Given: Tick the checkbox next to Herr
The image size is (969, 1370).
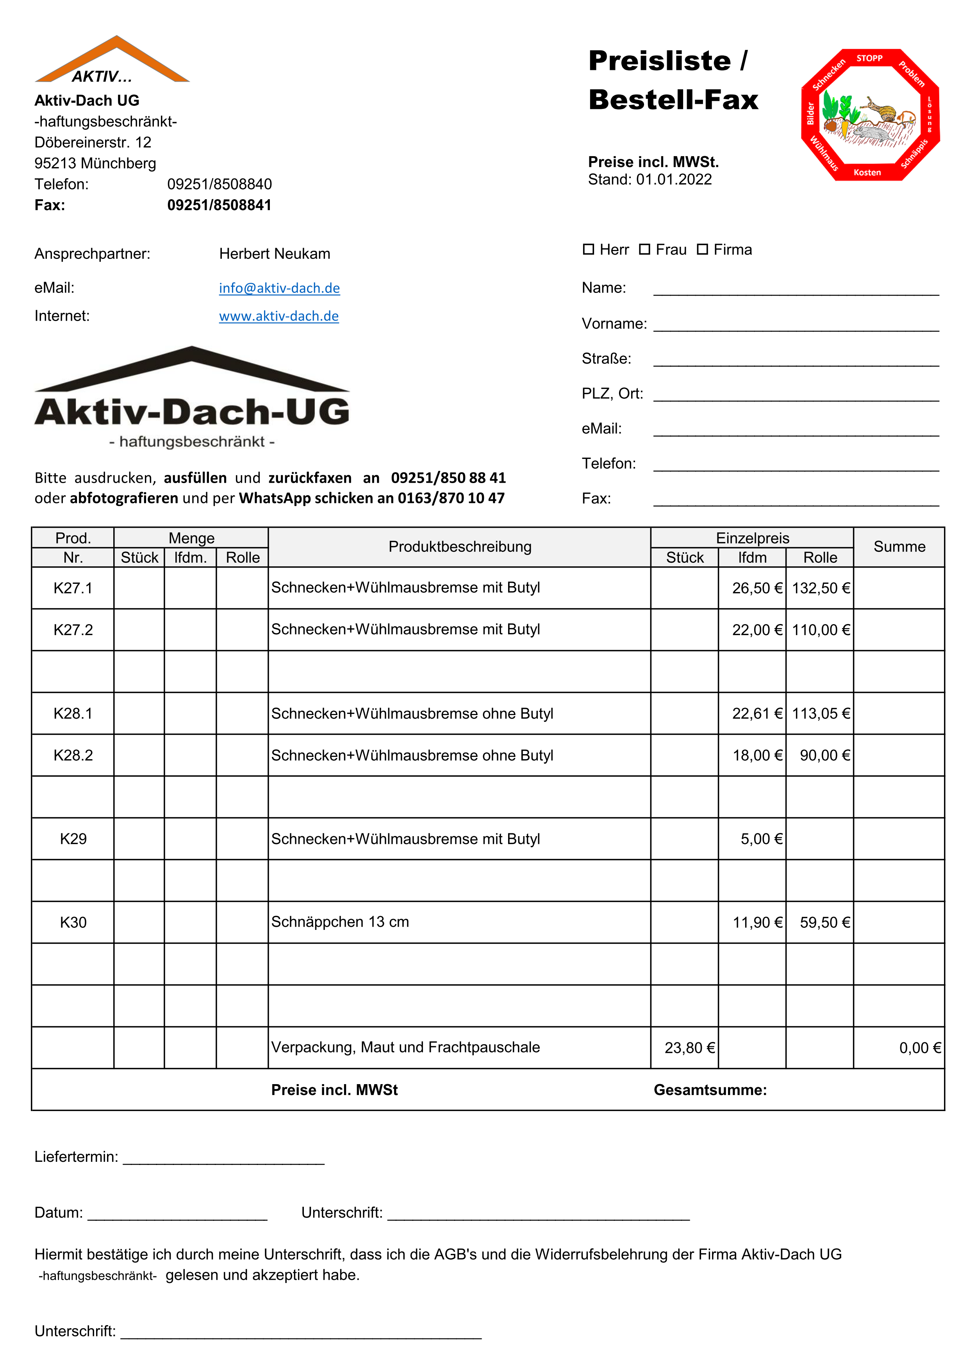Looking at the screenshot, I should tap(588, 250).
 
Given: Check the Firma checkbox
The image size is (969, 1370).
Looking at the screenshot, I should tap(702, 250).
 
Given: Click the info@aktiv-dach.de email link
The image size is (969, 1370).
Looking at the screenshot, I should tap(279, 288).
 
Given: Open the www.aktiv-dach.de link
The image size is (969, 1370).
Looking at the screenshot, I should tap(278, 316).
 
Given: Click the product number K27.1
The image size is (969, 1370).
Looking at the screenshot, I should tap(73, 588).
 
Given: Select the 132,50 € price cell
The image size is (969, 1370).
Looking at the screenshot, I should tap(821, 588).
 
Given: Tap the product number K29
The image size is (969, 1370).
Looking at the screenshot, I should tap(73, 839).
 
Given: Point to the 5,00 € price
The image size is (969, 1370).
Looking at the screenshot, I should tap(761, 839).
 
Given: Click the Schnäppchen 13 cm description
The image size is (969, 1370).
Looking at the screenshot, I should tap(340, 922).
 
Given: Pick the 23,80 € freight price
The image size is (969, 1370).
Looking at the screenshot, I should tap(689, 1048).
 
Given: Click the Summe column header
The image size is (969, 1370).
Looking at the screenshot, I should tap(899, 547).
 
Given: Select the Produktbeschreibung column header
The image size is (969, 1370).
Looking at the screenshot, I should tap(459, 547).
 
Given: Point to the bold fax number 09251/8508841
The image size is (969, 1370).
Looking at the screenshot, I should tap(219, 205).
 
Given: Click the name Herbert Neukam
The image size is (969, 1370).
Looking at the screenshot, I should tap(275, 253).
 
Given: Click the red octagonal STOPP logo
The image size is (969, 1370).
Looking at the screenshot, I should tap(870, 114).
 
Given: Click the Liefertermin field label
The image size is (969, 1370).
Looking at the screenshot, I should tap(76, 1157).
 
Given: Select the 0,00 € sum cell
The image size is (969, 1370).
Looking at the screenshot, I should tap(919, 1048).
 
